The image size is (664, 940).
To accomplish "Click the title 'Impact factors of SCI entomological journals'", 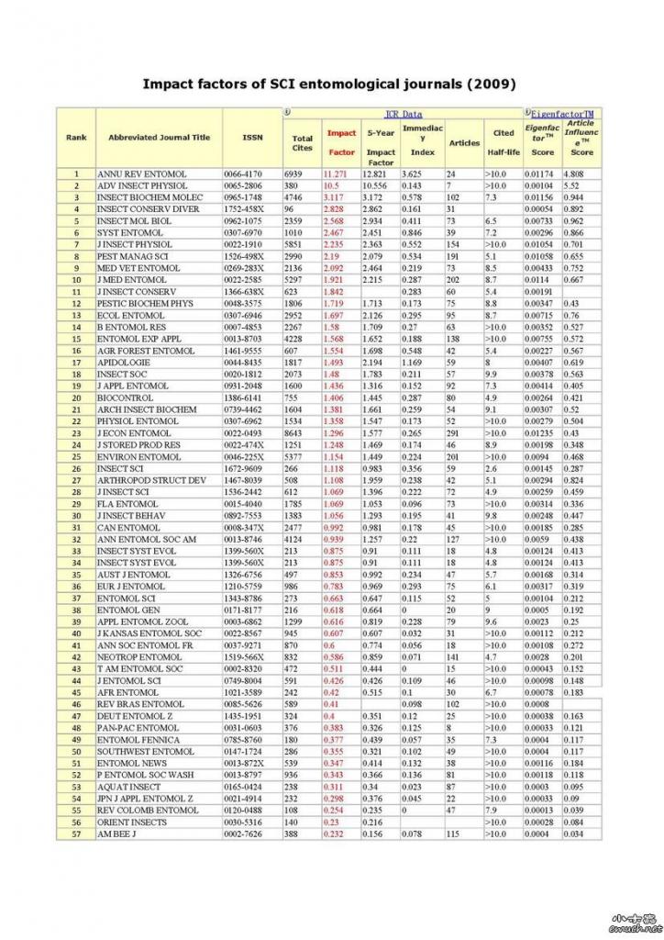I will pyautogui.click(x=329, y=84).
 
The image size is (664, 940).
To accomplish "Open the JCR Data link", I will pyautogui.click(x=404, y=114).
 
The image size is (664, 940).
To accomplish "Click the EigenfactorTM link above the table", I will pyautogui.click(x=563, y=114).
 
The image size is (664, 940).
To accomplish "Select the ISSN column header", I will pyautogui.click(x=252, y=138).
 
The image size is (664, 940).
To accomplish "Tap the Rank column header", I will pyautogui.click(x=76, y=138).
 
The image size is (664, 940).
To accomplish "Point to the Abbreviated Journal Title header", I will pyautogui.click(x=159, y=138).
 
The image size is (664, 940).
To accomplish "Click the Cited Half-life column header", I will pyautogui.click(x=504, y=142).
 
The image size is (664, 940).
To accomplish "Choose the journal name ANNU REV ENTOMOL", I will pyautogui.click(x=142, y=173).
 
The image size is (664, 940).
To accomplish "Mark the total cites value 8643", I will pyautogui.click(x=296, y=432).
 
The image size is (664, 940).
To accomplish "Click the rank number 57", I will pyautogui.click(x=76, y=833).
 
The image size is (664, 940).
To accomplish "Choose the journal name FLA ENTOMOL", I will pyautogui.click(x=127, y=503).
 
